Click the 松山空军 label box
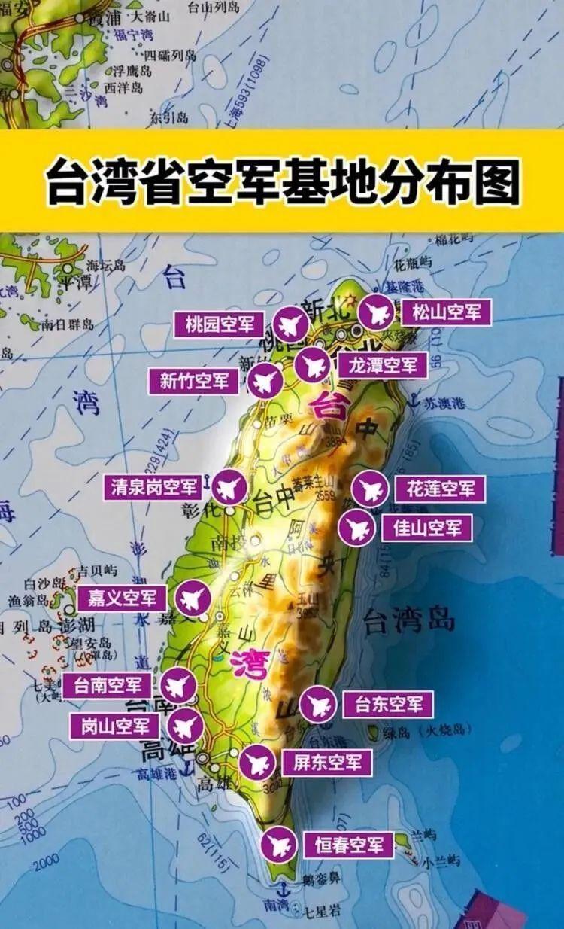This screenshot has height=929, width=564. [x=446, y=312]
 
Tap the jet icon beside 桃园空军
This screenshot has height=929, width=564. [x=290, y=325]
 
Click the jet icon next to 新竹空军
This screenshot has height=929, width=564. [x=265, y=382]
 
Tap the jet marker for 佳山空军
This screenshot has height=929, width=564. [x=356, y=528]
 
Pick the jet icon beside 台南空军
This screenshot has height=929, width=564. [x=178, y=686]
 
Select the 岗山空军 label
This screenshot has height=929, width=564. [x=114, y=726]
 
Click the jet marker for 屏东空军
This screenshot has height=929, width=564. [x=258, y=763]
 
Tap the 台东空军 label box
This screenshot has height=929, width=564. [x=388, y=705]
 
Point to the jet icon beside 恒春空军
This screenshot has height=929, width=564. [x=279, y=844]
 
